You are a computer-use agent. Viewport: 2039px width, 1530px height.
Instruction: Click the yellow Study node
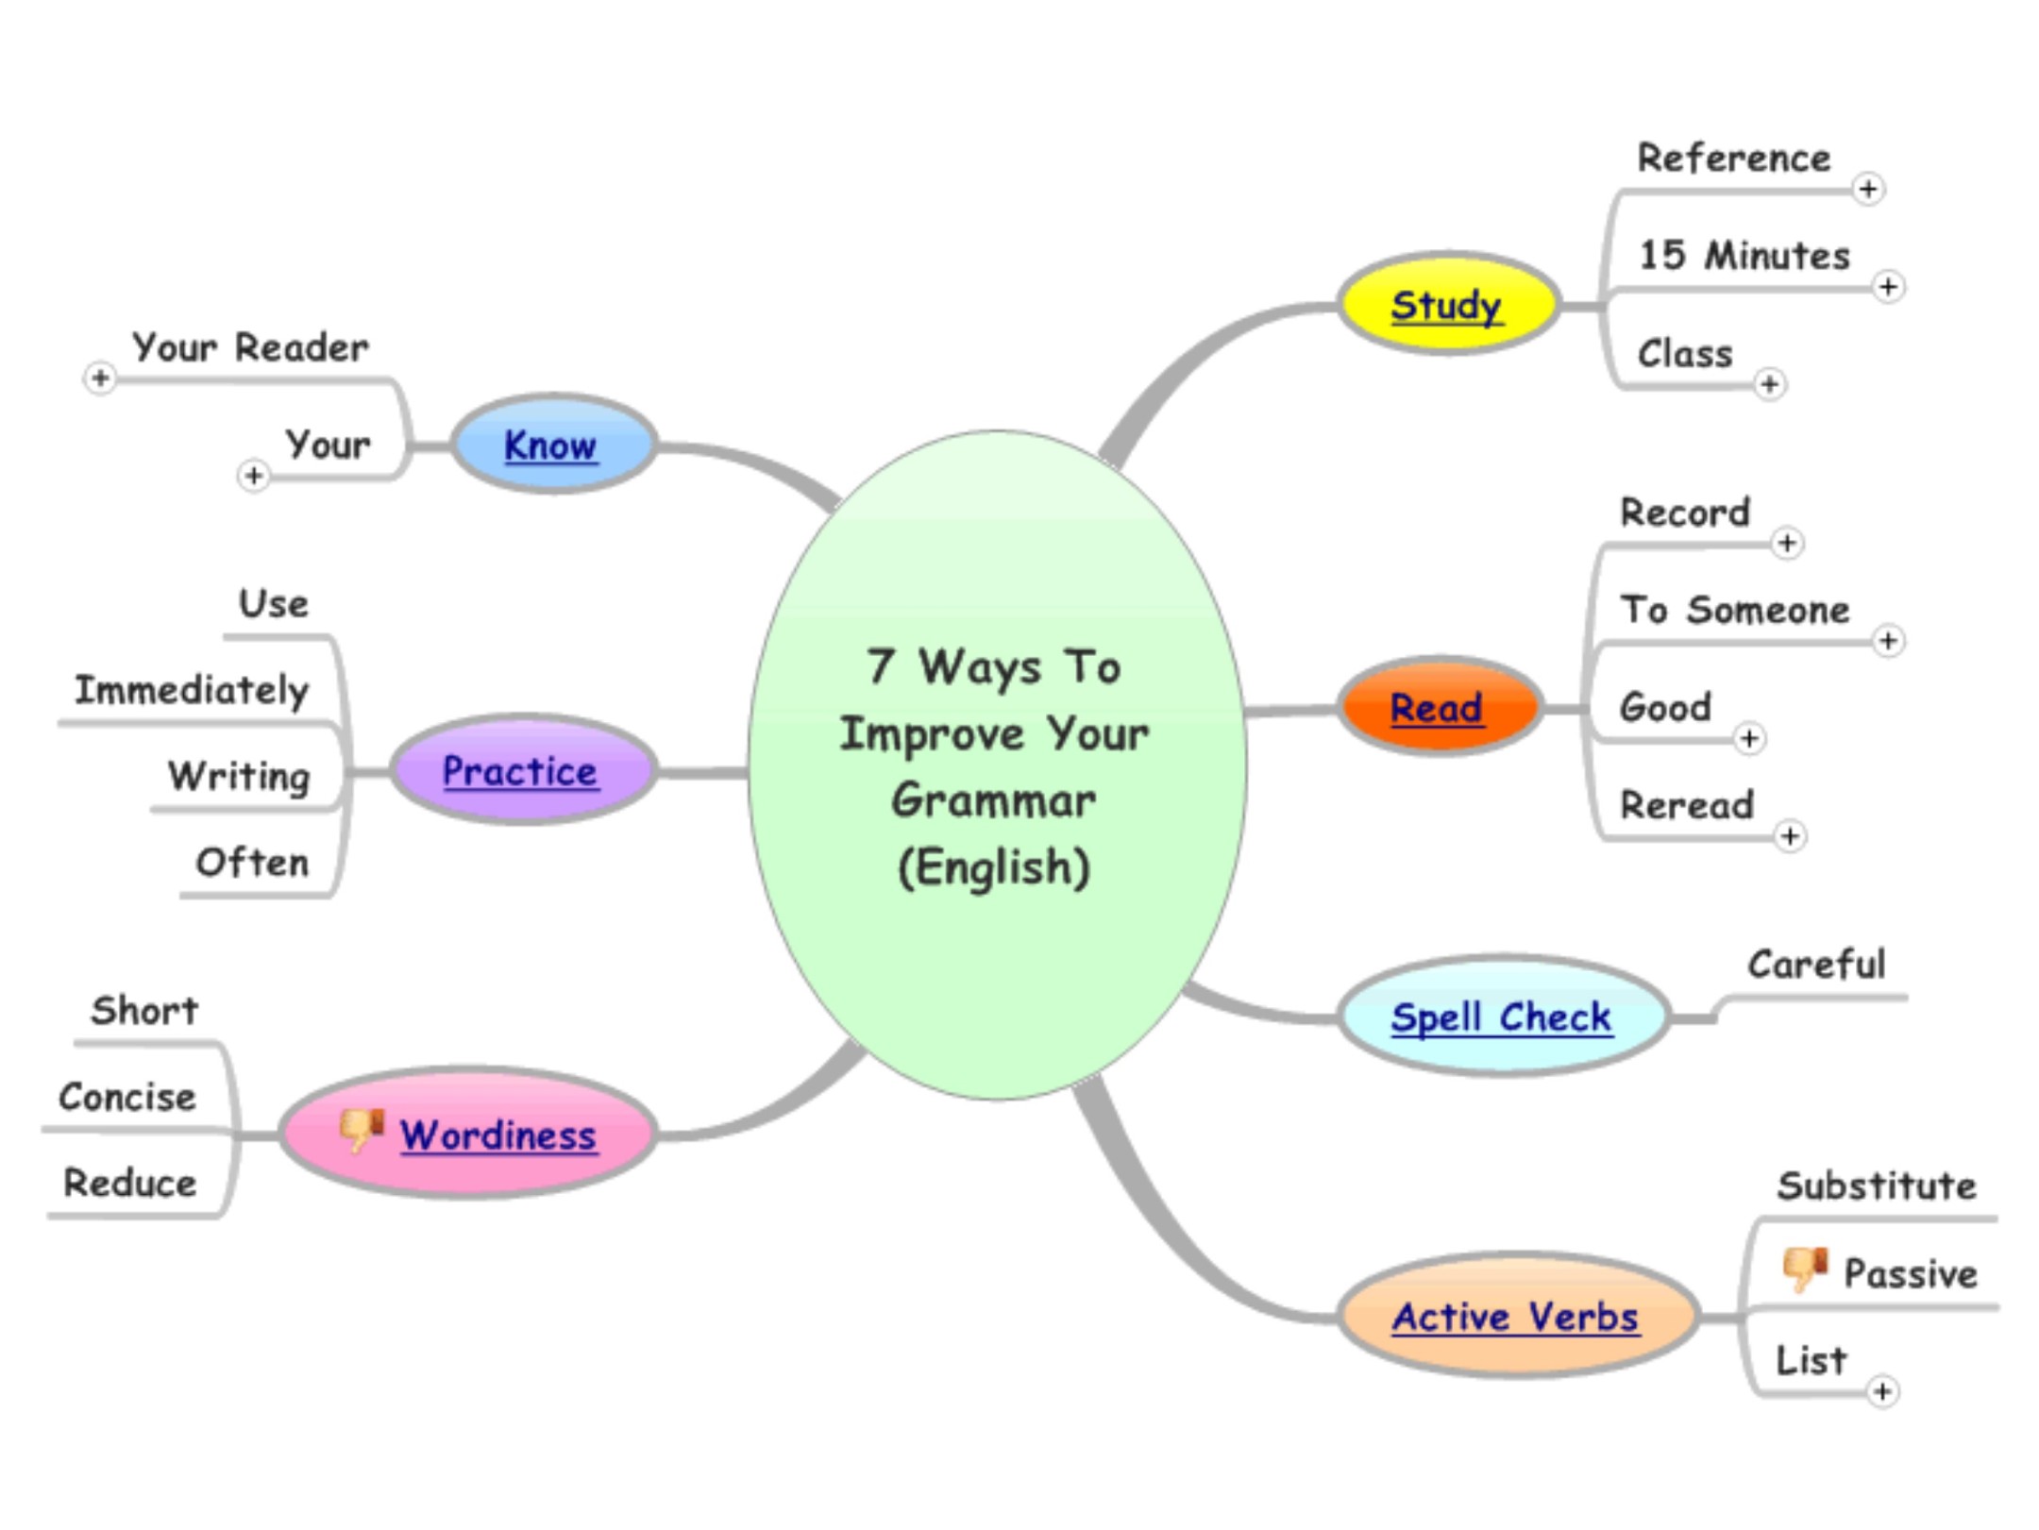(x=1446, y=305)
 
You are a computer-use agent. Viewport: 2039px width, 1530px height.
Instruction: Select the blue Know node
(x=552, y=445)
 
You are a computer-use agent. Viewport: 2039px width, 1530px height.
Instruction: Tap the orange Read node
(x=1438, y=708)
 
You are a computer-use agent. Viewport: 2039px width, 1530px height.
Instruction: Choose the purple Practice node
(x=521, y=771)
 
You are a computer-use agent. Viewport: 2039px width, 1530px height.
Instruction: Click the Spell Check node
(x=1502, y=1017)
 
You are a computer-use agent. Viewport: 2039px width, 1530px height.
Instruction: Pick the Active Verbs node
(x=1516, y=1317)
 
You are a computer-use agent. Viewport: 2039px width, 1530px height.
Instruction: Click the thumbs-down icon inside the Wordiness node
(x=362, y=1129)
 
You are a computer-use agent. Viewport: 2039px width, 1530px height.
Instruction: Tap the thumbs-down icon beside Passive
(x=1804, y=1269)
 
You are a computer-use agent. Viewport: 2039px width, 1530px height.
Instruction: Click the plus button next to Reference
(x=1868, y=189)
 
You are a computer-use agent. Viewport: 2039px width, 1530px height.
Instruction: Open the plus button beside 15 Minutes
(x=1888, y=286)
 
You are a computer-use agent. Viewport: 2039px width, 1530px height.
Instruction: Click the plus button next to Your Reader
(x=100, y=378)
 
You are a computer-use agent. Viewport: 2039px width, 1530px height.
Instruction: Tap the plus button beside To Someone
(x=1888, y=641)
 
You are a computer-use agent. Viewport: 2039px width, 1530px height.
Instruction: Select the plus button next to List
(x=1882, y=1391)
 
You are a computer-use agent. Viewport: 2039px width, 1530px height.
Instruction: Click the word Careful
(x=1816, y=965)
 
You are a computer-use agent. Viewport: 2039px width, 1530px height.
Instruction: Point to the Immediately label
(x=192, y=690)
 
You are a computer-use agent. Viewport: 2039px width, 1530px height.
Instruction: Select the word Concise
(x=127, y=1097)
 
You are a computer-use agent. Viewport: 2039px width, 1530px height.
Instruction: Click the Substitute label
(x=1877, y=1185)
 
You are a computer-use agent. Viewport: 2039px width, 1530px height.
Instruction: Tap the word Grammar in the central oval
(x=994, y=800)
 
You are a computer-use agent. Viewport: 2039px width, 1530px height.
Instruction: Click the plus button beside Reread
(x=1790, y=836)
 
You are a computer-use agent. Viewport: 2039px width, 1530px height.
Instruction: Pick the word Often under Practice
(x=252, y=862)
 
